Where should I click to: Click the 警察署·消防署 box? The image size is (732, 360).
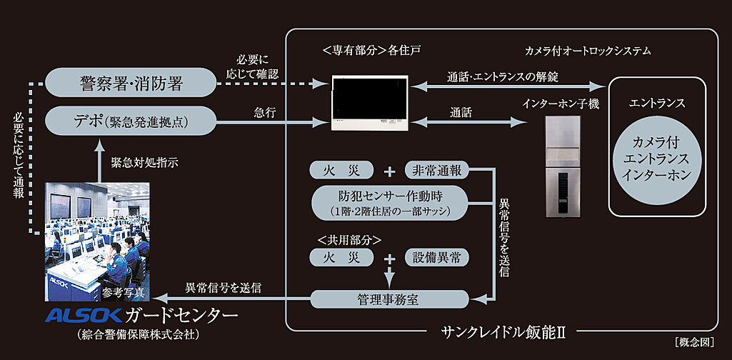[x=131, y=84]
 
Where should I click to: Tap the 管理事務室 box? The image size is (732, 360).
[x=388, y=300]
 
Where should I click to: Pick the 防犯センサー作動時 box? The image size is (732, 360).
[x=389, y=203]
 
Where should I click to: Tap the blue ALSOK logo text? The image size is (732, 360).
[x=84, y=316]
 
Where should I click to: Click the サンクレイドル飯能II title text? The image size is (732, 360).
[x=503, y=331]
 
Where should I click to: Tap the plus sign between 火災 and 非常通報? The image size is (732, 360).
[x=389, y=171]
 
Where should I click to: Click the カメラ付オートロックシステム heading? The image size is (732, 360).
[x=587, y=51]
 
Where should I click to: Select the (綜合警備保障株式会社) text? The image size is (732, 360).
[x=137, y=334]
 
